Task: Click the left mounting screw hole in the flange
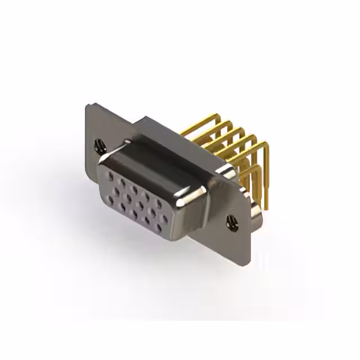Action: [100, 145]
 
